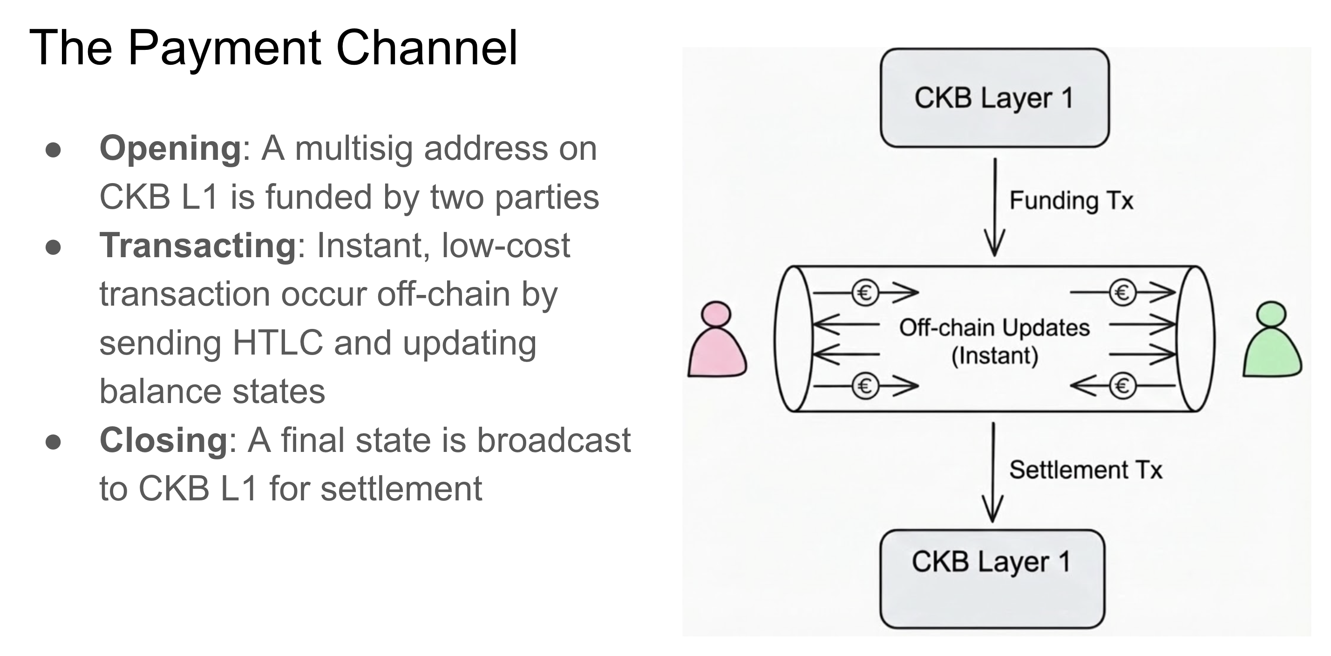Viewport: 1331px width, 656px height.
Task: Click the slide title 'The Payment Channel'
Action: (x=273, y=48)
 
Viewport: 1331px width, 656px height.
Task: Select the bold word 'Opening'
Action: (x=170, y=149)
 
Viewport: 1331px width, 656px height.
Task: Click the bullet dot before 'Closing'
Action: (x=53, y=442)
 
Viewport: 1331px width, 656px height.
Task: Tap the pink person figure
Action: (x=717, y=340)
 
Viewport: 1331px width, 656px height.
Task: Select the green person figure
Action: (x=1271, y=340)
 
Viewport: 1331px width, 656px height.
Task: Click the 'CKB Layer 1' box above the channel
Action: (x=995, y=98)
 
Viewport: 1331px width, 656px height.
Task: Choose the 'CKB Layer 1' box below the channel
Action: (x=992, y=579)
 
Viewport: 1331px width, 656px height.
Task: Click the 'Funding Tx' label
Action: (x=1071, y=200)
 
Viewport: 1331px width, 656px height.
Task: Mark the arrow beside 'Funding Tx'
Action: (x=995, y=207)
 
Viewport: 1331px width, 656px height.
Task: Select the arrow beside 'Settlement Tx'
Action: (x=992, y=472)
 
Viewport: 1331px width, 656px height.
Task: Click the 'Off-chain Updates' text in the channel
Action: (x=994, y=328)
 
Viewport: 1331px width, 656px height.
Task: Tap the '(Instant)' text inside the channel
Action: (x=995, y=356)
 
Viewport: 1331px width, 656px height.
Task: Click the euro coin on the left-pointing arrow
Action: (x=1122, y=386)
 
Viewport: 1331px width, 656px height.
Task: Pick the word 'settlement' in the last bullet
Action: (x=401, y=489)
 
